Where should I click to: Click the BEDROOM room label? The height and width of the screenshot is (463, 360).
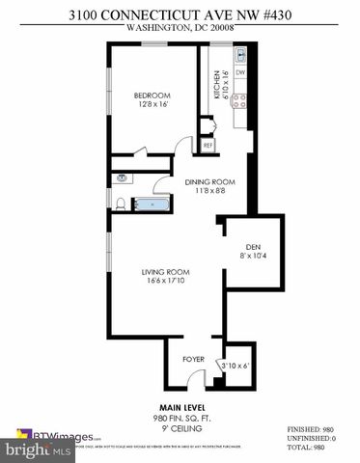pos(152,95)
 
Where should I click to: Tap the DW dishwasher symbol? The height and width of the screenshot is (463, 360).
pos(240,73)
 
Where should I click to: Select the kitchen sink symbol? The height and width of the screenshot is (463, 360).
pos(240,55)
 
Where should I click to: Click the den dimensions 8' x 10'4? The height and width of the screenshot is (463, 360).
pos(255,256)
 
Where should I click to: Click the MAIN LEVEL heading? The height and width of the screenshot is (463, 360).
pos(180,408)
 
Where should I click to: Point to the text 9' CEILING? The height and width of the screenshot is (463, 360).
pos(180,427)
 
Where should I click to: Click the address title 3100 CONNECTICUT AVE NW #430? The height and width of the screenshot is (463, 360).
pos(180,14)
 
